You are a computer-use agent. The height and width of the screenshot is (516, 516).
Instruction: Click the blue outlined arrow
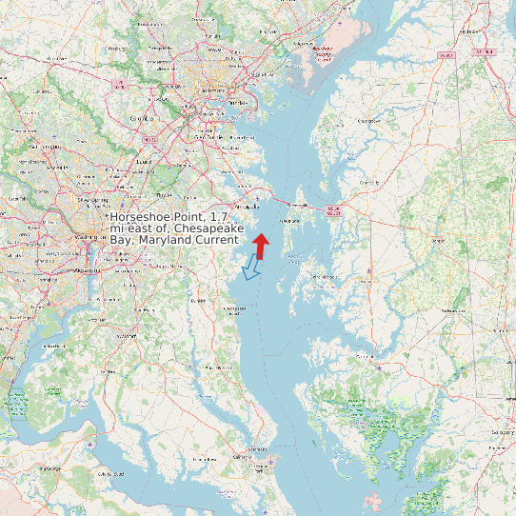coord(251,267)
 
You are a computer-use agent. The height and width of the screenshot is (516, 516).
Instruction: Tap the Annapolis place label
coord(248,205)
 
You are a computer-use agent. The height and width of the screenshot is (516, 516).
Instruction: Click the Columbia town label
coord(142,119)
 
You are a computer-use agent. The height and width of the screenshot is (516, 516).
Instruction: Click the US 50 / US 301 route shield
coord(331,210)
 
